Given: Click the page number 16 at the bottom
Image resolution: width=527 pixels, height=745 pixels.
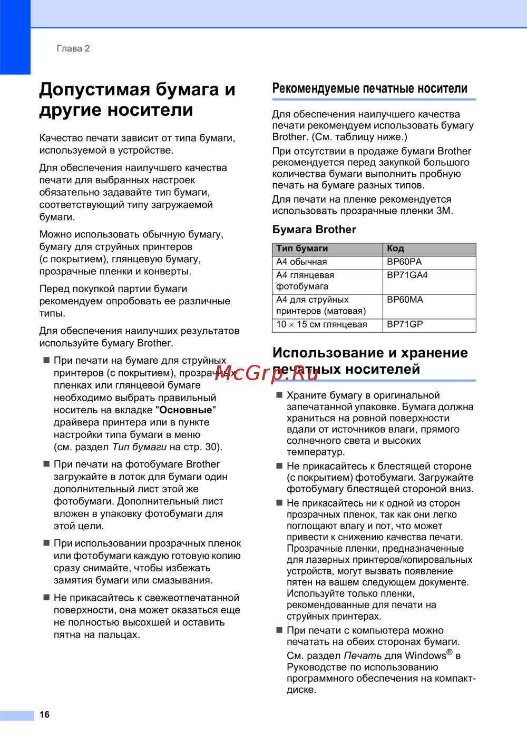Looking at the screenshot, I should point(45,714).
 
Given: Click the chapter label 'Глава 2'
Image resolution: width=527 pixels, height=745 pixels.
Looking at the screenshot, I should point(73,48).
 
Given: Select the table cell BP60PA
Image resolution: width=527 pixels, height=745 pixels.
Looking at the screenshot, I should point(404,262).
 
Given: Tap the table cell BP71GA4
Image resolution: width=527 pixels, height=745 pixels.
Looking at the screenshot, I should point(407,275).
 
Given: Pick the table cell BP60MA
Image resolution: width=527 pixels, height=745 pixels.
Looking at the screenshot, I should point(405,300).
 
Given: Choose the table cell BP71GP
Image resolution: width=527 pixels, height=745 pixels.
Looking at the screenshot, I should point(405,325).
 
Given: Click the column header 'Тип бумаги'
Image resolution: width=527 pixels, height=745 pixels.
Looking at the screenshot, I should point(302,249).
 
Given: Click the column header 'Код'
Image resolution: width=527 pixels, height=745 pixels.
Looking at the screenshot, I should point(395,249).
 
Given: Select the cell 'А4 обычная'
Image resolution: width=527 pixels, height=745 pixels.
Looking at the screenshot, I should point(301,262).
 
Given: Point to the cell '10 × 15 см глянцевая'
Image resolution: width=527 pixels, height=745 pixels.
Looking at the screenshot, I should point(321,325).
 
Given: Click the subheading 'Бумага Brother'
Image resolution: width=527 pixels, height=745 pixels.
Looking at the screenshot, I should point(314,230).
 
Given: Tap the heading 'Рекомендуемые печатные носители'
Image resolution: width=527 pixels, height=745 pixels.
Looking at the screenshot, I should point(369,88).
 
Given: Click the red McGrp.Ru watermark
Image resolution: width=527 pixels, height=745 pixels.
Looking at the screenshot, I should point(266,373).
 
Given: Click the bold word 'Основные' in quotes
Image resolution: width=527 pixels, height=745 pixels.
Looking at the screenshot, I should point(186,410).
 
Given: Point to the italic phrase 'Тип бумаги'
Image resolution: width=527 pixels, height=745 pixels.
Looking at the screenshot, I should point(139,447).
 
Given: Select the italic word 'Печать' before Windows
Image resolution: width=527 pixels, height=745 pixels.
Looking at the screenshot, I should point(363,656).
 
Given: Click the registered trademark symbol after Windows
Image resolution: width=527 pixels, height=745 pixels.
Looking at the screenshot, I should point(450,652).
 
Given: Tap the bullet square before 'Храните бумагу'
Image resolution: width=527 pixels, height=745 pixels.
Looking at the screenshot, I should point(279,395).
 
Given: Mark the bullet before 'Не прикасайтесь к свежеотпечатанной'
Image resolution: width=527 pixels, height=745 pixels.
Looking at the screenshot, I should point(46,598).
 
